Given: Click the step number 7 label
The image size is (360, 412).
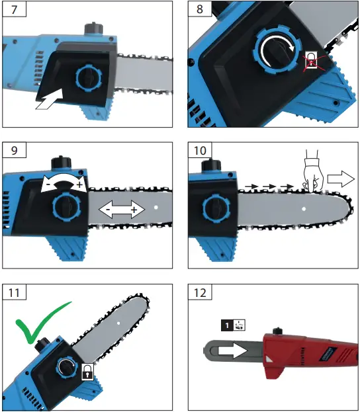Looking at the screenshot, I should [13, 11].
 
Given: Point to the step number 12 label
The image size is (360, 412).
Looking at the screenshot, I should [200, 291].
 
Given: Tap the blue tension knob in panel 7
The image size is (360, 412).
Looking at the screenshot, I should [87, 78].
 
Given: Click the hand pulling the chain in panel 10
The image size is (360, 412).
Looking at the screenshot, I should [312, 170].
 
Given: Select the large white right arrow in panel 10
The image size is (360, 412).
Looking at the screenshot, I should [341, 177].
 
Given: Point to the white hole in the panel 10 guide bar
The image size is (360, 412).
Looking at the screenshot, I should [303, 209].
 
